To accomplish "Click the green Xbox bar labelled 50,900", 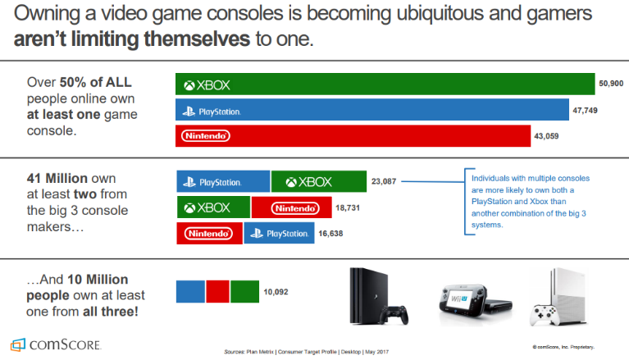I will (x=385, y=84).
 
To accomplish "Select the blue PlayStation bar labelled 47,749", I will (x=372, y=110).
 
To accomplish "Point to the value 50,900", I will (x=612, y=84).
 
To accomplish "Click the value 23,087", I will (x=385, y=182).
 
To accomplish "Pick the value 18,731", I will (x=349, y=207).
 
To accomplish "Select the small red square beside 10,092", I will (x=217, y=291).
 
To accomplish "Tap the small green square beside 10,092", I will (x=244, y=291).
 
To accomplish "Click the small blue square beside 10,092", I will (x=190, y=291).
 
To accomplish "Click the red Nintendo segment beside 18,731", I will (x=291, y=207).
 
